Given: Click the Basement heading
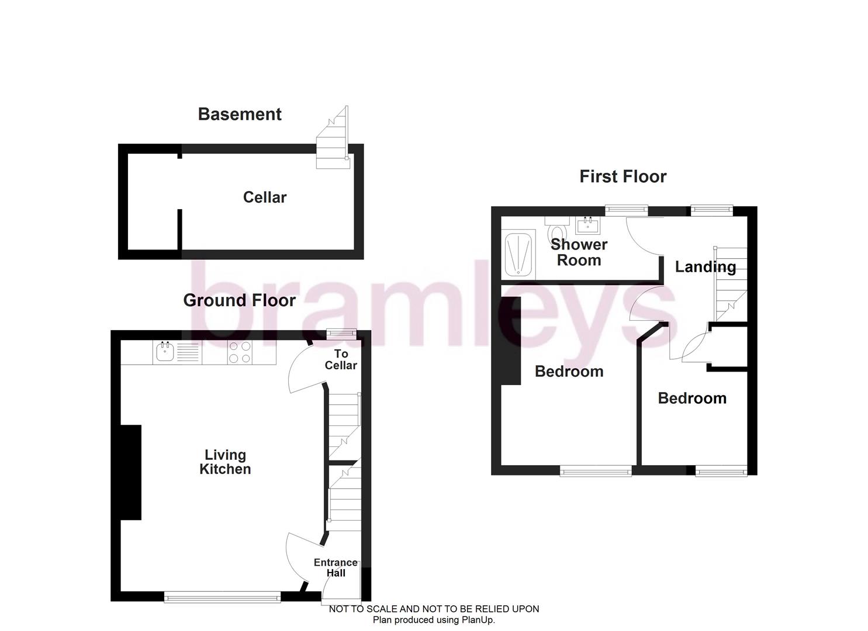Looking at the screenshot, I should (x=240, y=114).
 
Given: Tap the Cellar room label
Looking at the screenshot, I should (x=265, y=197).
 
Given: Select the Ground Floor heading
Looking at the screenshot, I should (x=240, y=300).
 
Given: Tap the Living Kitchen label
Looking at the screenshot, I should (x=225, y=462).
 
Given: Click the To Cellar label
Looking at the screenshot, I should (x=341, y=359).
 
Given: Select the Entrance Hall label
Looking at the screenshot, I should (x=336, y=567).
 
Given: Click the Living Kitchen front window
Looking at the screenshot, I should (x=222, y=597).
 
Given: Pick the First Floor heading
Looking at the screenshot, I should (x=623, y=176).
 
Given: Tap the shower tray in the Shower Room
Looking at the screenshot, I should (x=519, y=254).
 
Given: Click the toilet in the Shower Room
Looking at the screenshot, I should (x=557, y=230).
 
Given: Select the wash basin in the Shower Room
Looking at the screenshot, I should (x=588, y=225).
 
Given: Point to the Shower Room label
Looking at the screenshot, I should (x=579, y=252).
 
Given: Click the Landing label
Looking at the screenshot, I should (x=705, y=267).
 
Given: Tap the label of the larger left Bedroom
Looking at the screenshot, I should (x=569, y=372).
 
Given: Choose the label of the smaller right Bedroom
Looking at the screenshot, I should (x=692, y=398).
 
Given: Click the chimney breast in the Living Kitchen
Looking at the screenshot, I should (x=131, y=472).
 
